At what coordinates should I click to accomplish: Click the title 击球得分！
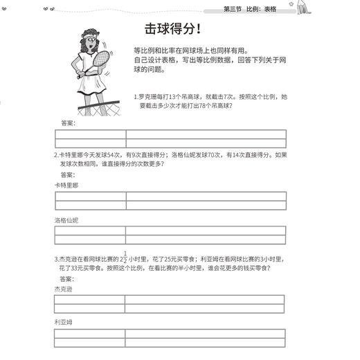[172, 29]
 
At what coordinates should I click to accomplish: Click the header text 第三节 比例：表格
[250, 8]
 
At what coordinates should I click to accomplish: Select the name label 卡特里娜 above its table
[66, 185]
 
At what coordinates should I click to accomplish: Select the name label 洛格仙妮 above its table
[66, 220]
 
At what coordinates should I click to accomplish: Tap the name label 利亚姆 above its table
[63, 322]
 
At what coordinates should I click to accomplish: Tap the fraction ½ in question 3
[125, 256]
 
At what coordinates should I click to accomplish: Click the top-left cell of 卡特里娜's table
[90, 196]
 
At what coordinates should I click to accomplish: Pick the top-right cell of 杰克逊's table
[204, 300]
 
